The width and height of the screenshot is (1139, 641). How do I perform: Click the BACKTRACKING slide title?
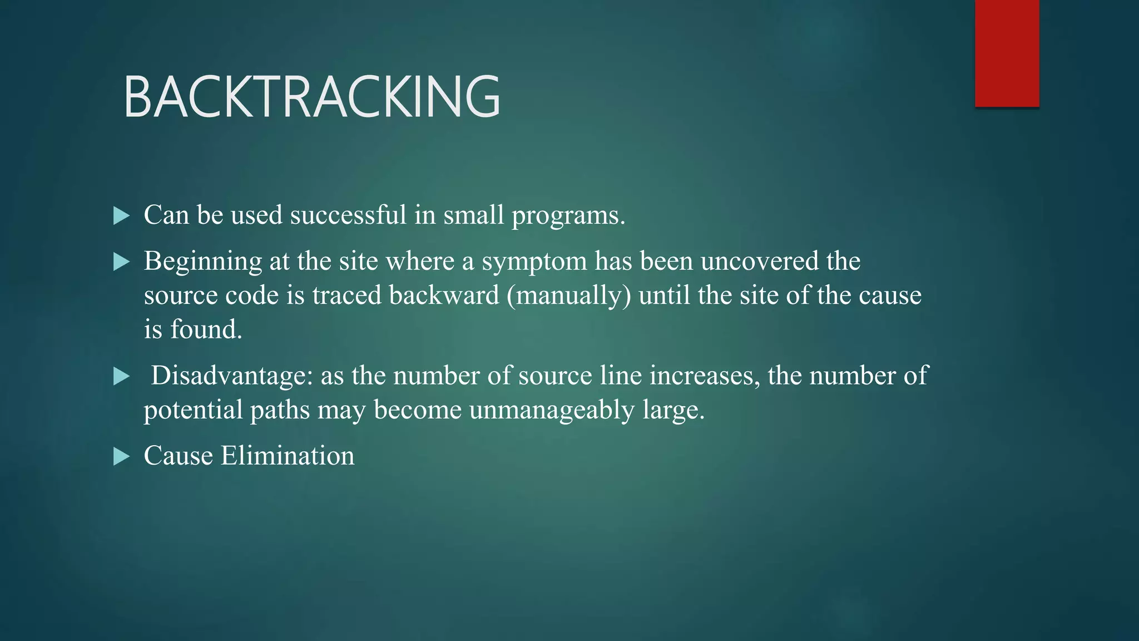tap(312, 97)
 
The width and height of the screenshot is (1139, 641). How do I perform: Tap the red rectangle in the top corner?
tap(1007, 53)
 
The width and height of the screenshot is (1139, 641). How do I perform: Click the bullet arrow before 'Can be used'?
tap(121, 216)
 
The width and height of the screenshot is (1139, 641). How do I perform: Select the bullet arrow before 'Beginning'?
tap(121, 262)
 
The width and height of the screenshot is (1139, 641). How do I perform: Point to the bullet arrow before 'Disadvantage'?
tap(121, 377)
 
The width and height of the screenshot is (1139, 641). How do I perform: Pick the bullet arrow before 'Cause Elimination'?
tap(121, 457)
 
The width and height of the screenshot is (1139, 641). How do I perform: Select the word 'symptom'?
tap(534, 262)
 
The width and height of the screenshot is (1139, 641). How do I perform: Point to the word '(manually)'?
tap(569, 295)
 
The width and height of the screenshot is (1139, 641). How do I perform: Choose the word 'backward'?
tap(444, 295)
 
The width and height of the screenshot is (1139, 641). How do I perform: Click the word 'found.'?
tap(206, 329)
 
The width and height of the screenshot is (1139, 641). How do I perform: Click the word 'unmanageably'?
tap(552, 411)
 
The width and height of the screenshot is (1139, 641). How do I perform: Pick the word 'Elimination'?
tap(288, 456)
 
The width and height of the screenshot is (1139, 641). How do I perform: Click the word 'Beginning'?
tap(203, 262)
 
